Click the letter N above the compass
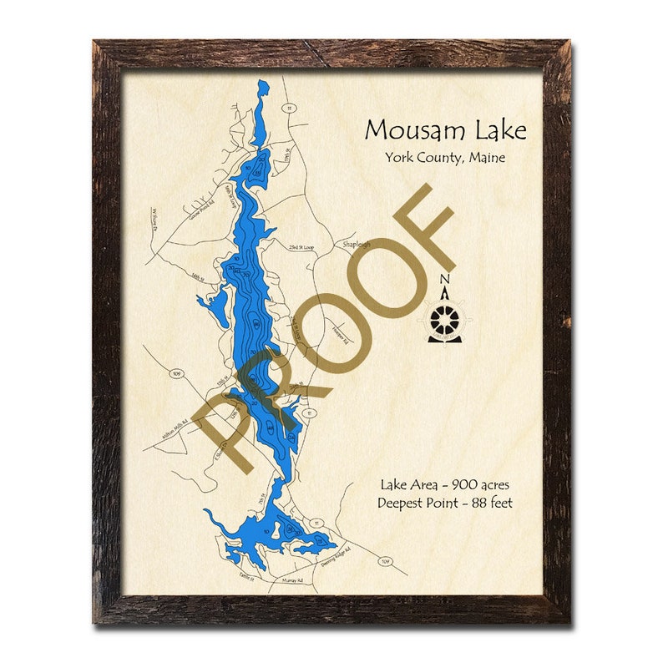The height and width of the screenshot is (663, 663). coord(444,280)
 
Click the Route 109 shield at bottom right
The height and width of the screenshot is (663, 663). coord(385,561)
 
